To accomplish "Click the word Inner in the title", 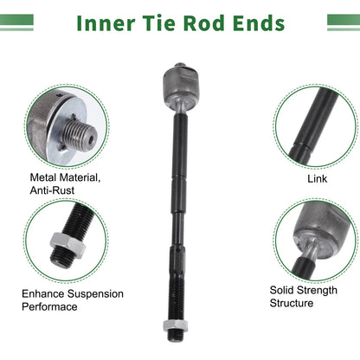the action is click(x=106, y=23).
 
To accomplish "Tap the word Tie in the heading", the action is click(x=159, y=23).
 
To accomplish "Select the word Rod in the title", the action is click(x=204, y=23).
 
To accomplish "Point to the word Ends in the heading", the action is click(x=259, y=23).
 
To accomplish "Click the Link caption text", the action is click(x=317, y=178).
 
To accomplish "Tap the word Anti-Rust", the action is click(x=52, y=190).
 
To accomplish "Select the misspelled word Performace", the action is click(x=49, y=306).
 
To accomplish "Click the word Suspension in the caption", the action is click(x=95, y=294).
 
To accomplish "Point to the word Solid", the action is click(x=280, y=290).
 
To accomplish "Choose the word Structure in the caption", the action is click(x=292, y=303).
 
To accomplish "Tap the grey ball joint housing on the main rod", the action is click(x=181, y=86).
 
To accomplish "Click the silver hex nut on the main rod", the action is click(x=176, y=325).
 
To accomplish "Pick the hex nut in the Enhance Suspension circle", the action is click(x=67, y=244).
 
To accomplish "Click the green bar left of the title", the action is click(x=16, y=22).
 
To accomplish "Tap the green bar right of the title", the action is click(x=344, y=22).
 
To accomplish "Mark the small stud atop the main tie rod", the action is click(x=180, y=65).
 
